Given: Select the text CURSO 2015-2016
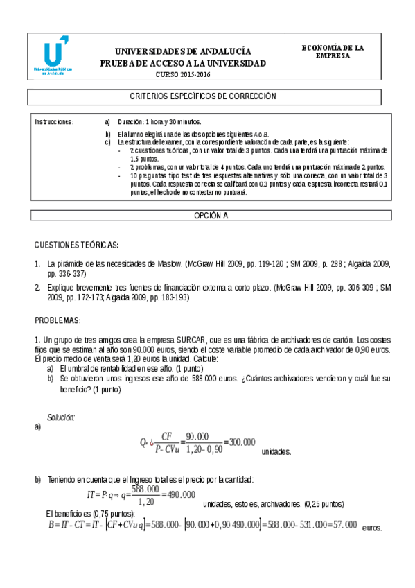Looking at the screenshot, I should click(x=182, y=74).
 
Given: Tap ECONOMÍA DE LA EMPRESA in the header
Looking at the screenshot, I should click(x=333, y=51).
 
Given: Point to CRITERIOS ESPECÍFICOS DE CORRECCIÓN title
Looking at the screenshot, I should click(x=203, y=96).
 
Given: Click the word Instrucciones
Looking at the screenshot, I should click(x=54, y=121).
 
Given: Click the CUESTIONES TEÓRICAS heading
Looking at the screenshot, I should click(x=76, y=245).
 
